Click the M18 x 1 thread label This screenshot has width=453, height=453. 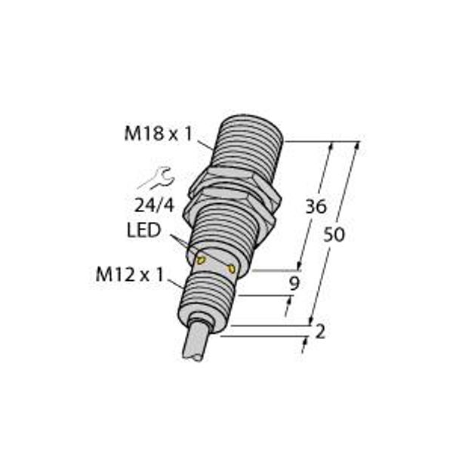click(159, 134)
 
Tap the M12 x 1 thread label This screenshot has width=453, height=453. click(130, 274)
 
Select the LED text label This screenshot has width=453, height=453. click(143, 230)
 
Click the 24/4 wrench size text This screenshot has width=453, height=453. click(155, 206)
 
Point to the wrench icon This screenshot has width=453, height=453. click(156, 178)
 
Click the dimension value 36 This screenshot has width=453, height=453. click(316, 207)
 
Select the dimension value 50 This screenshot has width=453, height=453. click(334, 234)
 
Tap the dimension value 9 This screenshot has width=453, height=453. click(294, 284)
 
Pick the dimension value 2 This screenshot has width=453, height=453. click(320, 331)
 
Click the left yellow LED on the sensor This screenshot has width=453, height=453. click(201, 260)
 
